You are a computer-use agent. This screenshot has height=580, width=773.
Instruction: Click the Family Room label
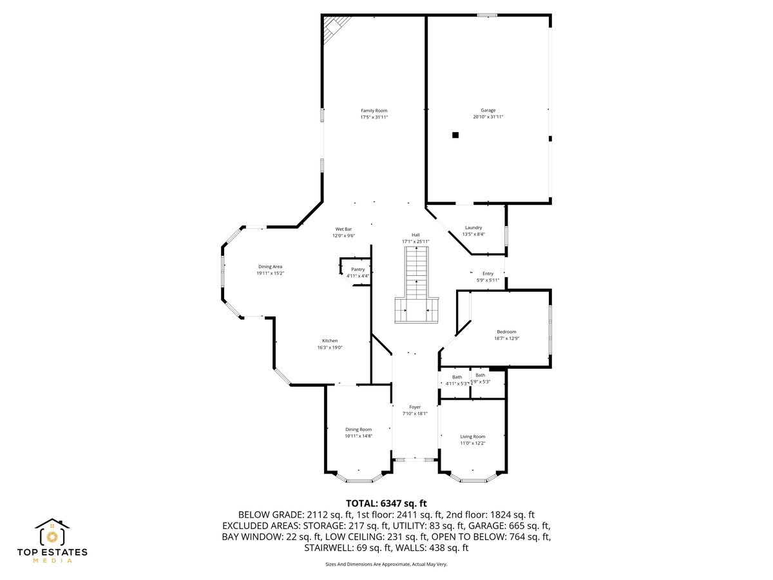(x=374, y=111)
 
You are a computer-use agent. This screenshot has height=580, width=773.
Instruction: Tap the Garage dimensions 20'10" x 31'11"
(x=488, y=117)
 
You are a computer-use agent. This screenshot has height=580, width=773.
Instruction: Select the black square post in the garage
(x=455, y=135)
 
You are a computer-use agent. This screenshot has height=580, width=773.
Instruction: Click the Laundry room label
(x=473, y=227)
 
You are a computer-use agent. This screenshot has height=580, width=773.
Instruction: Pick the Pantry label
(x=358, y=269)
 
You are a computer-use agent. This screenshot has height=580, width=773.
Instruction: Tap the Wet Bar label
(x=343, y=229)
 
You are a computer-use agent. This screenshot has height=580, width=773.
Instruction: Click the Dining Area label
(x=270, y=267)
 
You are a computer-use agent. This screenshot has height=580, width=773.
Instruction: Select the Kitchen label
(x=330, y=341)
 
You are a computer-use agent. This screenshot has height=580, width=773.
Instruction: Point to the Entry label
(x=488, y=274)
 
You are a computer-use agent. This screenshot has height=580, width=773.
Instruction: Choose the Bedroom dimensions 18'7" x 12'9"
(x=506, y=338)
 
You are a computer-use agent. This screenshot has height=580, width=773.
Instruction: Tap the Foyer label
(x=415, y=407)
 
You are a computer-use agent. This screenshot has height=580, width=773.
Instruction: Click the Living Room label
(x=472, y=437)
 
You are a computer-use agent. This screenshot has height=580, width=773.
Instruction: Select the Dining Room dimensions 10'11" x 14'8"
(x=358, y=436)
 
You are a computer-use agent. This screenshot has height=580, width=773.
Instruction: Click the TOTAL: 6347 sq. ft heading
(x=386, y=503)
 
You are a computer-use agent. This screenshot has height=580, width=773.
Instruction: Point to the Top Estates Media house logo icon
(x=52, y=533)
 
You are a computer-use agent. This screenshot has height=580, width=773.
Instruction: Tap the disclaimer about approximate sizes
(x=386, y=564)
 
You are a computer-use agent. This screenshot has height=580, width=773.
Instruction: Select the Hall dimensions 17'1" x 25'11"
(x=415, y=242)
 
